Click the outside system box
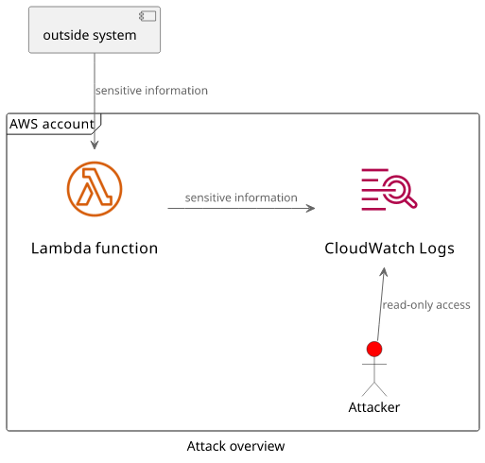coord(95,29)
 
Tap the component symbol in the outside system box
coord(147,16)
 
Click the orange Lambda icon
coord(95,189)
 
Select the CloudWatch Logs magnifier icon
coord(390,189)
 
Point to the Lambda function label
coord(95,249)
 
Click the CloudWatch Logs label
coord(390,249)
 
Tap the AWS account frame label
coord(52,124)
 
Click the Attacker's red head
coord(374,349)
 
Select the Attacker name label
coord(374,407)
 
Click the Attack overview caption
coord(235,446)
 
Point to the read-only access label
coord(426,305)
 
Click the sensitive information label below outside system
coord(152,91)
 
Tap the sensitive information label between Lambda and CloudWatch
coord(241,197)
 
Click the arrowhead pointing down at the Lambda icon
coord(95,145)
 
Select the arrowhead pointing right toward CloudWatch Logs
coord(311,208)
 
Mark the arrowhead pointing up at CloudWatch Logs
coord(384,272)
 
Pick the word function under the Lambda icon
coord(127,249)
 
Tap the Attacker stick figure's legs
coord(374,389)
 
